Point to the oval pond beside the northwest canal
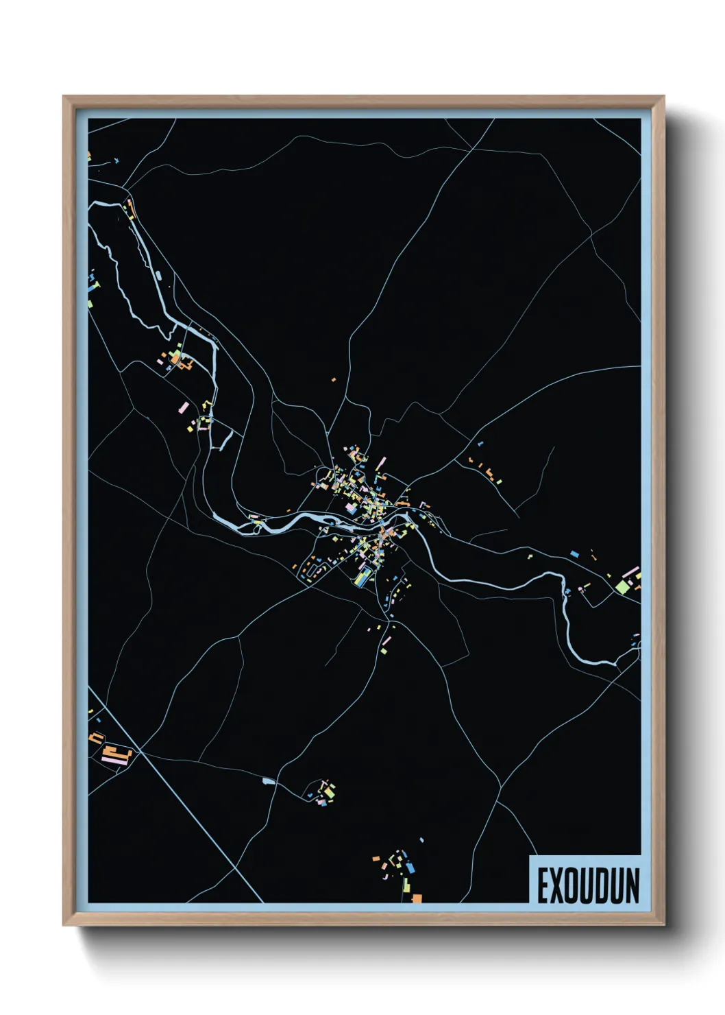click(159, 276)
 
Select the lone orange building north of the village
click(334, 379)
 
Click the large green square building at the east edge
click(622, 586)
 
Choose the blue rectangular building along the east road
click(575, 553)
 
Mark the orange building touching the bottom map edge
click(417, 898)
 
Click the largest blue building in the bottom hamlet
click(410, 868)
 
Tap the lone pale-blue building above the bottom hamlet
click(421, 840)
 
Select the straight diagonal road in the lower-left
click(171, 789)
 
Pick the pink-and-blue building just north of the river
click(351, 508)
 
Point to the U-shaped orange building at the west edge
click(96, 738)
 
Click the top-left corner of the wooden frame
click(66, 99)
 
